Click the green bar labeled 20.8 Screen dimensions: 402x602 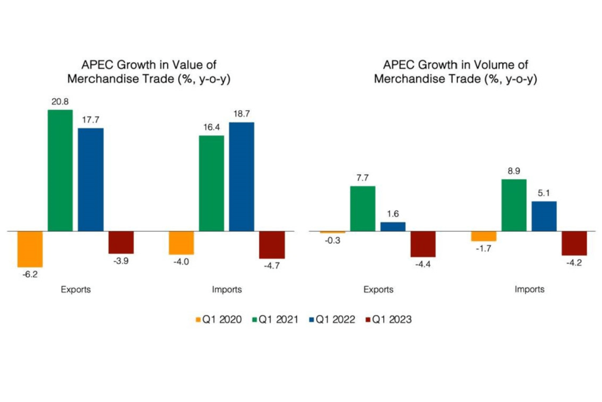[x=60, y=170]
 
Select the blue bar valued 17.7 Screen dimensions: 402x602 [x=91, y=179]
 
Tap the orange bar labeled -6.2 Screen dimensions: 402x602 [x=30, y=249]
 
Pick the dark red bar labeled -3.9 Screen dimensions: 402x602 [x=121, y=242]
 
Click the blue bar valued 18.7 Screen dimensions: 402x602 [x=242, y=176]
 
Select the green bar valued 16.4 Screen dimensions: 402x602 [x=212, y=183]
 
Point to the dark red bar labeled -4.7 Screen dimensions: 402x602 [x=272, y=244]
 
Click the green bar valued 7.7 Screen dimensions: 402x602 [x=363, y=209]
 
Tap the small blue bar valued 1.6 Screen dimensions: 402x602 [x=393, y=226]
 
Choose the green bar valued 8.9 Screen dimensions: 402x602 [x=514, y=205]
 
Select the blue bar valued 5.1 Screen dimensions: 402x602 [x=544, y=216]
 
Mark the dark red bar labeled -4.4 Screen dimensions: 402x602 [x=423, y=244]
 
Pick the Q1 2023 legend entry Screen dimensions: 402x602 [x=387, y=320]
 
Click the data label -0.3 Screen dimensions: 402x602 [x=333, y=240]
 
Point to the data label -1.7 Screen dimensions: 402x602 [x=484, y=249]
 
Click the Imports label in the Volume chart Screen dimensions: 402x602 [x=529, y=289]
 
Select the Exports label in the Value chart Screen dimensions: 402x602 [x=76, y=289]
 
